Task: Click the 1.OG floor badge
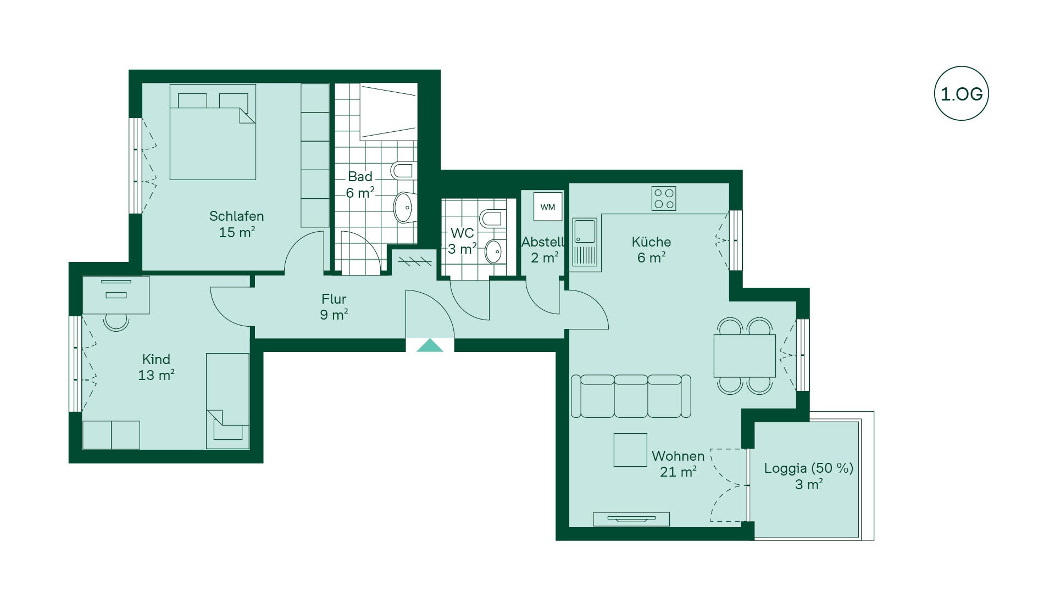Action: pos(961,93)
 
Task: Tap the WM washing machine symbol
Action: pos(548,207)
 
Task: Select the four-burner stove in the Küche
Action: pos(664,198)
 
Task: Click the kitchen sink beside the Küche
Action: pos(585,242)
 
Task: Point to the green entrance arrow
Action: pos(430,345)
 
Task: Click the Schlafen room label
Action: pos(236,216)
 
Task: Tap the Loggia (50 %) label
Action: pos(808,468)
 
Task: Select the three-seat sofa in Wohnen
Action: pos(631,396)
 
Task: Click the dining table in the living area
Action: pos(745,356)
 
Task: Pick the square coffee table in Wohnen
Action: pos(630,450)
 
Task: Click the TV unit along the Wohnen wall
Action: pos(631,519)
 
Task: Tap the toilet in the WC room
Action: pos(492,218)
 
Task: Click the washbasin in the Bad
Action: pos(404,207)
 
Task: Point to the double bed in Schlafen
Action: pos(213,132)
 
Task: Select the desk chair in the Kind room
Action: pos(116,322)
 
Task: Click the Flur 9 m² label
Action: pos(334,307)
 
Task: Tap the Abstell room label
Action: pos(543,242)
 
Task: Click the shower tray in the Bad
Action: pos(388,111)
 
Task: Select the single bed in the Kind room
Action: pos(227,401)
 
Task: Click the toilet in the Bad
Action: pos(403,170)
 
